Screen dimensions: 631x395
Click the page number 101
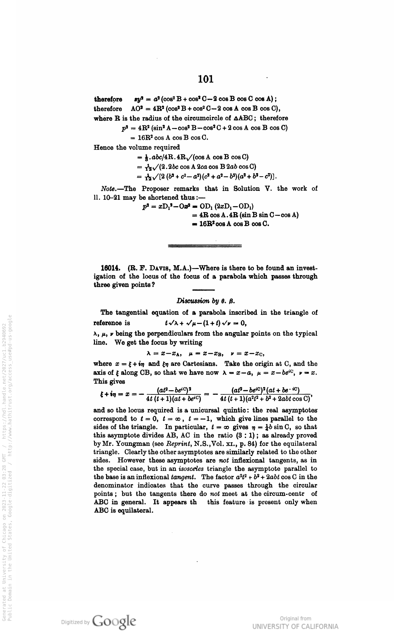[x=205, y=79]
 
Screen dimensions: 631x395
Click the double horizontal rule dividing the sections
[x=204, y=245]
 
